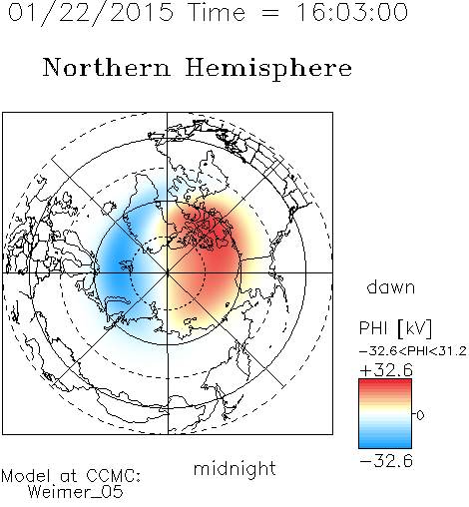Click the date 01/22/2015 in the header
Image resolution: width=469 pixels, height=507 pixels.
[x=91, y=13]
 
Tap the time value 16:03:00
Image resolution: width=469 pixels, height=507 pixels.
[x=352, y=12]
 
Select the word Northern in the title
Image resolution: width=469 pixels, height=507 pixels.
[x=107, y=67]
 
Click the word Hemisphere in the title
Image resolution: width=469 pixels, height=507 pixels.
[x=268, y=69]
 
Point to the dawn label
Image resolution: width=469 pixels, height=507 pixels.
[x=391, y=286]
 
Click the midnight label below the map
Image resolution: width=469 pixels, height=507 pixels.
[x=234, y=469]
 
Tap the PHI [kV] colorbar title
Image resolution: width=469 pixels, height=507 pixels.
[x=395, y=328]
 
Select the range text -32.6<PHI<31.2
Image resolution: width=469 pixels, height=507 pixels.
[x=413, y=351]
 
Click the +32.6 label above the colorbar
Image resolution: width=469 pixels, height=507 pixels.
[x=386, y=370]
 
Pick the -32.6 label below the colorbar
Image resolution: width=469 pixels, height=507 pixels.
[x=386, y=461]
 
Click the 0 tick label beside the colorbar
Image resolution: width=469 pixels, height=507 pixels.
[x=420, y=415]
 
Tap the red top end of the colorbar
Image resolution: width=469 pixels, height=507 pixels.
[x=385, y=382]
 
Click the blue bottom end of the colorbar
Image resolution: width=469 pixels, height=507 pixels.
[x=385, y=445]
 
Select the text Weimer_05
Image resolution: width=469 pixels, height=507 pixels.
[x=75, y=492]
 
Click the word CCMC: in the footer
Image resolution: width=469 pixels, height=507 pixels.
[x=113, y=476]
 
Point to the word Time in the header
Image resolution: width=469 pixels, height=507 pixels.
[x=217, y=12]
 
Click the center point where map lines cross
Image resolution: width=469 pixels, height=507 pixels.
[x=168, y=272]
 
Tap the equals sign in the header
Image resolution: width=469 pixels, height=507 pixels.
[x=270, y=14]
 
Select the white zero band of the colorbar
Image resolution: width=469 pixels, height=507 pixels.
[x=385, y=414]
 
